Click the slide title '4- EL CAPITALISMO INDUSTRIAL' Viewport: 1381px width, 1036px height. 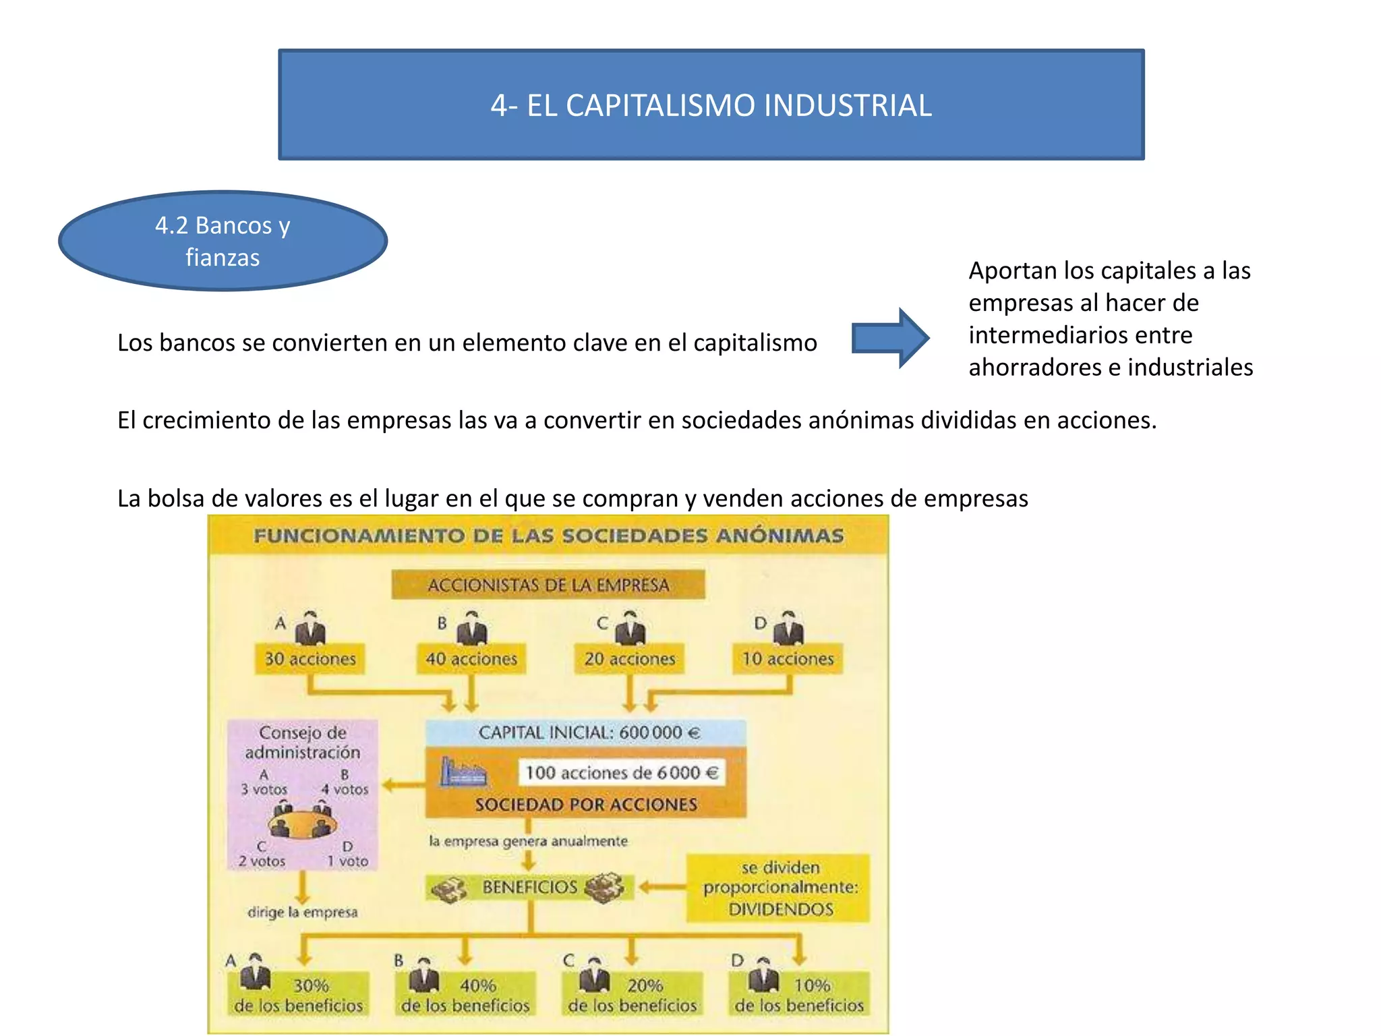click(711, 105)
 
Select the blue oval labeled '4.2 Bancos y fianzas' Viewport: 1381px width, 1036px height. click(223, 241)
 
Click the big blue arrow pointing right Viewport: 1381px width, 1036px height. click(890, 338)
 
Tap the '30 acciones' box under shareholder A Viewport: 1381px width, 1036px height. click(310, 658)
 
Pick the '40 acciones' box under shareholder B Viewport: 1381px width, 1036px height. click(471, 658)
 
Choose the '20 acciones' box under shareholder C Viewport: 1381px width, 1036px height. click(629, 658)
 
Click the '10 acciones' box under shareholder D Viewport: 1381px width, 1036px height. click(788, 658)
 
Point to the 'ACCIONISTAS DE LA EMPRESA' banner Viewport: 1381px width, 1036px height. click(548, 585)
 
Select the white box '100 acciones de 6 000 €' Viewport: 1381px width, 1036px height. click(622, 772)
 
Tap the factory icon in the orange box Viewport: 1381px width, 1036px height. click(463, 772)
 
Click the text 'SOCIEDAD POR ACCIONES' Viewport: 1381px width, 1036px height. click(586, 805)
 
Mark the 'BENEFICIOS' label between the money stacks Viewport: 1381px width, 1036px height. click(530, 887)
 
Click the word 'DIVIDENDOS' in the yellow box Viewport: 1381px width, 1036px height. click(780, 909)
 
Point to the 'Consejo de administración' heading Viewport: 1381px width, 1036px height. click(302, 742)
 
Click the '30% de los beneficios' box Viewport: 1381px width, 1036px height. click(299, 995)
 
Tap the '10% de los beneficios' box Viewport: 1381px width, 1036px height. click(799, 995)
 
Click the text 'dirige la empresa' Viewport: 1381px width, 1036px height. click(302, 912)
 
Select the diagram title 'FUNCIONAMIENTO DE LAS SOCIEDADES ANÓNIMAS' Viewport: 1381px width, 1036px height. click(548, 536)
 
